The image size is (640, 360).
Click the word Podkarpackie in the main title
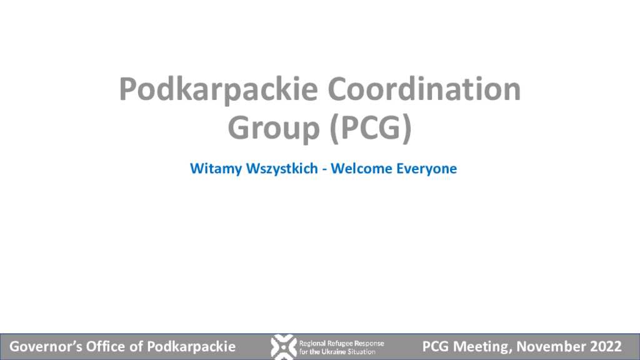click(218, 90)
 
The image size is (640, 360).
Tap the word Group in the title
click(273, 129)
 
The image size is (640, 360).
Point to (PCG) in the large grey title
click(370, 128)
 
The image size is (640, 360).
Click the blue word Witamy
click(216, 169)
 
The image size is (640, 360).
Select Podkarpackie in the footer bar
click(191, 347)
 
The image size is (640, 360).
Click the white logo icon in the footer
click(283, 347)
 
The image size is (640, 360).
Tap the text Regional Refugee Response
click(342, 343)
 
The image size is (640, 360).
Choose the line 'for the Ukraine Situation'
click(337, 351)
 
